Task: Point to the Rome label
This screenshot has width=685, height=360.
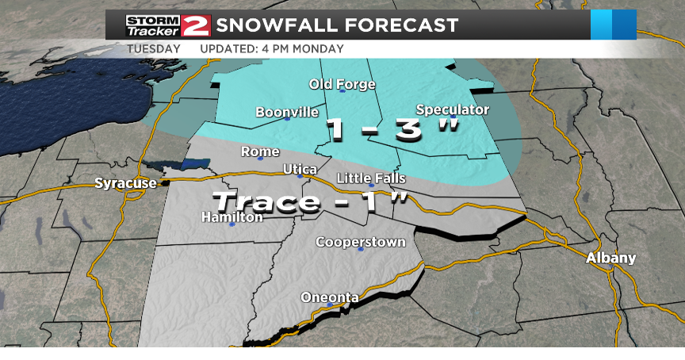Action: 260,151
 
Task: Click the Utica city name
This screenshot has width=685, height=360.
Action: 300,169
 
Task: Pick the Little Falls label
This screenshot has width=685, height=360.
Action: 371,178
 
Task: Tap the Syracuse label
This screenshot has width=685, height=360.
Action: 125,183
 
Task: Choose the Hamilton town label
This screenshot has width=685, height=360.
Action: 232,216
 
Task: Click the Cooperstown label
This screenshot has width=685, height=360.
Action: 361,242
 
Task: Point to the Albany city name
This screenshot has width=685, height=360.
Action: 610,258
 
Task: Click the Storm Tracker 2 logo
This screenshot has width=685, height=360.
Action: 167,25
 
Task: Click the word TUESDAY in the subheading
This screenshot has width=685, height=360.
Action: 154,48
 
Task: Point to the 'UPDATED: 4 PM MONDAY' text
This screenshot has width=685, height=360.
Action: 271,48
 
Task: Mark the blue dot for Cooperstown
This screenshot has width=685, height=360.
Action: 361,249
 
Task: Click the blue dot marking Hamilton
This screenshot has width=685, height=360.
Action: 232,224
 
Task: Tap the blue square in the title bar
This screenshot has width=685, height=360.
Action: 614,25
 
